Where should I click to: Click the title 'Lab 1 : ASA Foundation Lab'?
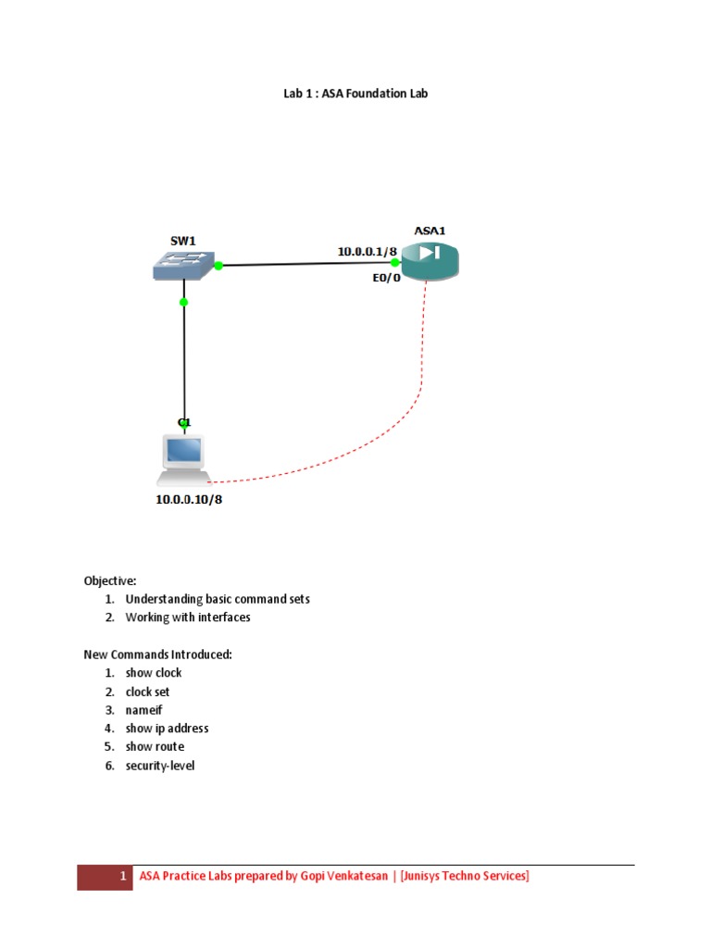tap(355, 93)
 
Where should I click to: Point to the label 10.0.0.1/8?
tap(367, 250)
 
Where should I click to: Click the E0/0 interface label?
tap(380, 277)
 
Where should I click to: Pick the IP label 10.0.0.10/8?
tap(190, 501)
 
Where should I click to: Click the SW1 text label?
tap(182, 240)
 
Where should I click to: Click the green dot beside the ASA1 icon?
tap(394, 262)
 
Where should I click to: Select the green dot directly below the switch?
tap(184, 302)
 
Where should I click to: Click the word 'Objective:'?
tap(110, 580)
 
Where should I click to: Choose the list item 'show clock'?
tap(154, 673)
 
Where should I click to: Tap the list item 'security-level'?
tap(160, 766)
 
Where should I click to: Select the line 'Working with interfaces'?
tap(188, 617)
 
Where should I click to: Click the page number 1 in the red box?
tap(122, 877)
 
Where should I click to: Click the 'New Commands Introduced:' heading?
tap(157, 655)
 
